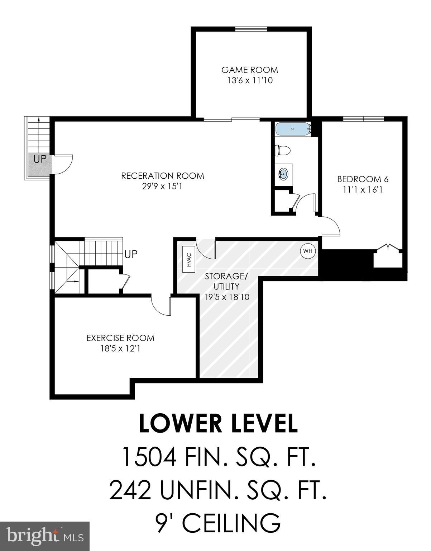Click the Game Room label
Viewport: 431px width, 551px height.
click(x=249, y=70)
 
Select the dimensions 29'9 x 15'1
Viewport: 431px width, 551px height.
click(x=162, y=187)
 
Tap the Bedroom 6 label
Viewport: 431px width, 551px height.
click(x=363, y=179)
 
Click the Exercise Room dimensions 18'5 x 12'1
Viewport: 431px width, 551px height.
click(x=120, y=348)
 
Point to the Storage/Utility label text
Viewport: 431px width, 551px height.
click(x=226, y=281)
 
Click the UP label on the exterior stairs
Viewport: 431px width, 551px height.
click(x=40, y=159)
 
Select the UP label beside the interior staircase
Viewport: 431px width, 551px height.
click(x=131, y=254)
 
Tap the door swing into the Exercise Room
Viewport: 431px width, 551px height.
click(x=161, y=306)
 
